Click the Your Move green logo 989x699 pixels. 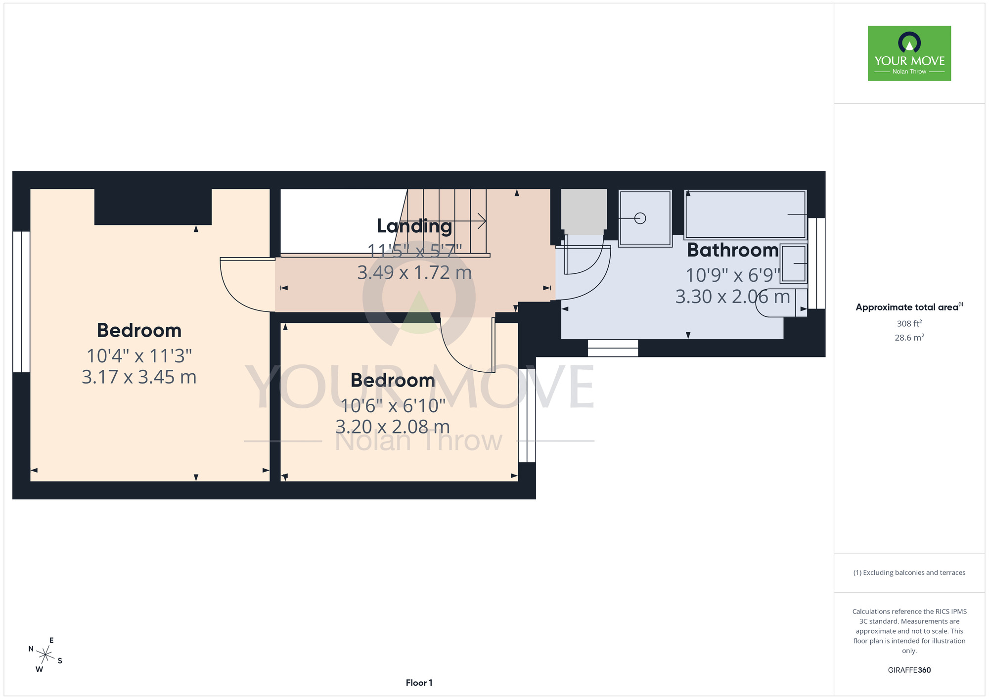tap(909, 53)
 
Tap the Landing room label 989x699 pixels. tap(414, 226)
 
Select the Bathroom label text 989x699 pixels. tap(732, 250)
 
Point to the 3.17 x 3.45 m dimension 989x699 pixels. tap(139, 377)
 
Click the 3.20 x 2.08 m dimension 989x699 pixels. tap(393, 427)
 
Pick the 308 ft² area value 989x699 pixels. tap(909, 323)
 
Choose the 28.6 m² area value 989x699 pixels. tap(909, 338)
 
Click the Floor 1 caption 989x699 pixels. tap(419, 683)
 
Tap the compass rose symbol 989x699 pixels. tap(45, 655)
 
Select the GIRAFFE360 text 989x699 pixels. tap(909, 670)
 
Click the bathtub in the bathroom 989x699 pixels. tap(746, 215)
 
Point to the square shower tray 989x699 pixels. tap(645, 218)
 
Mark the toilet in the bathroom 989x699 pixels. tap(781, 303)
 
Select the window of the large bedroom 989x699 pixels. tap(21, 302)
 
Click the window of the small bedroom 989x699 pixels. tap(527, 415)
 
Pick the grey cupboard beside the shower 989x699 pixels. tap(584, 212)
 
